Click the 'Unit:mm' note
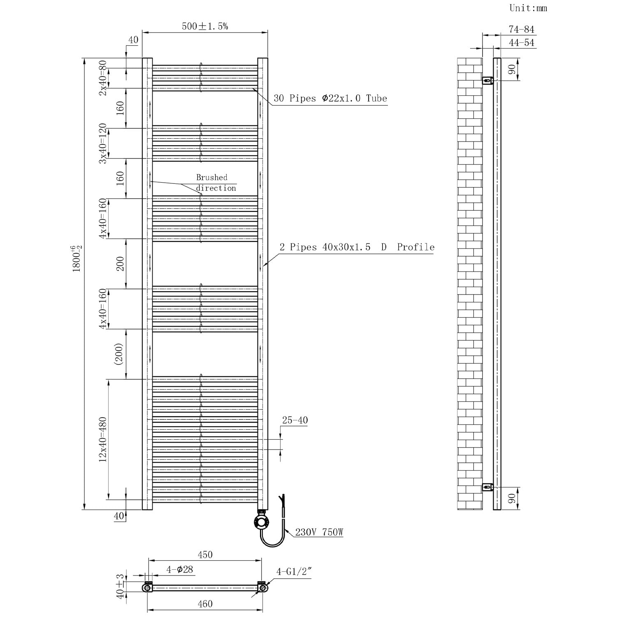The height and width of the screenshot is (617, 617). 528,8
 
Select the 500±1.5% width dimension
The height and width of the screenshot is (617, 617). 205,26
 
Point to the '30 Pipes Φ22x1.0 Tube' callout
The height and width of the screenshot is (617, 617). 330,98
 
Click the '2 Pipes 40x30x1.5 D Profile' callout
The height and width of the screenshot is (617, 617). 357,247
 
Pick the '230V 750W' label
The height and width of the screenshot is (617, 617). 319,532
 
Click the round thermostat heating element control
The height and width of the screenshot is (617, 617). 262,523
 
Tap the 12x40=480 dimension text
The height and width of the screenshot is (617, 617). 102,439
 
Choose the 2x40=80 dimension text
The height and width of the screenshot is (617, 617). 102,78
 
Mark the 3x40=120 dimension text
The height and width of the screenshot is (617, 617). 102,143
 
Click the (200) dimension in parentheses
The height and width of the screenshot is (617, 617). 119,354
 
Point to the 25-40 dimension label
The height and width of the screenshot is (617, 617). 295,420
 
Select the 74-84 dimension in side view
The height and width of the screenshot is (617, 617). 521,29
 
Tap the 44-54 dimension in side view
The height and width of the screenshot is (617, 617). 521,42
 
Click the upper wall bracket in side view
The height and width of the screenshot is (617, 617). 488,80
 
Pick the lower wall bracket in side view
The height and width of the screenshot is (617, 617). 488,487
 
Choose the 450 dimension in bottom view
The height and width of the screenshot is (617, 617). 205,554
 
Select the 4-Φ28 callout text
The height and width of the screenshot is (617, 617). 180,570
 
